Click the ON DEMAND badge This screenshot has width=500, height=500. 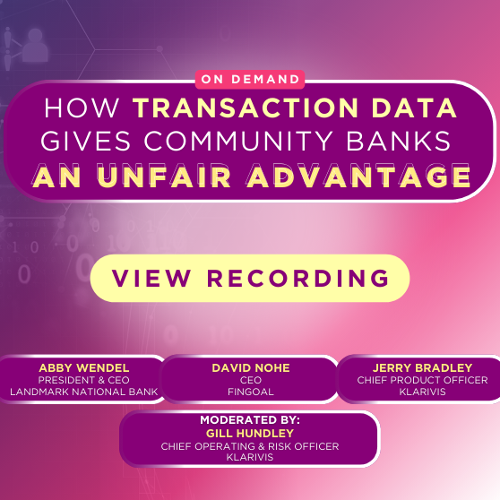[250, 79]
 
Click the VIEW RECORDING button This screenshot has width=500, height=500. [250, 278]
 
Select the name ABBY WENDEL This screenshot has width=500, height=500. [83, 368]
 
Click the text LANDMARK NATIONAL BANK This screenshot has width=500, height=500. [83, 392]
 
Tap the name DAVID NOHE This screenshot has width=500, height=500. [250, 368]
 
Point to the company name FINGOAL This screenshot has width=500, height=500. [250, 392]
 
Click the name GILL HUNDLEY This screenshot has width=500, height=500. [250, 433]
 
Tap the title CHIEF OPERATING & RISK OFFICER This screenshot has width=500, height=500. [250, 445]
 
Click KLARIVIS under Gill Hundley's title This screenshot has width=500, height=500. [250, 457]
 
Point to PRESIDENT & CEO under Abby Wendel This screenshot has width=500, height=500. [83, 380]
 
